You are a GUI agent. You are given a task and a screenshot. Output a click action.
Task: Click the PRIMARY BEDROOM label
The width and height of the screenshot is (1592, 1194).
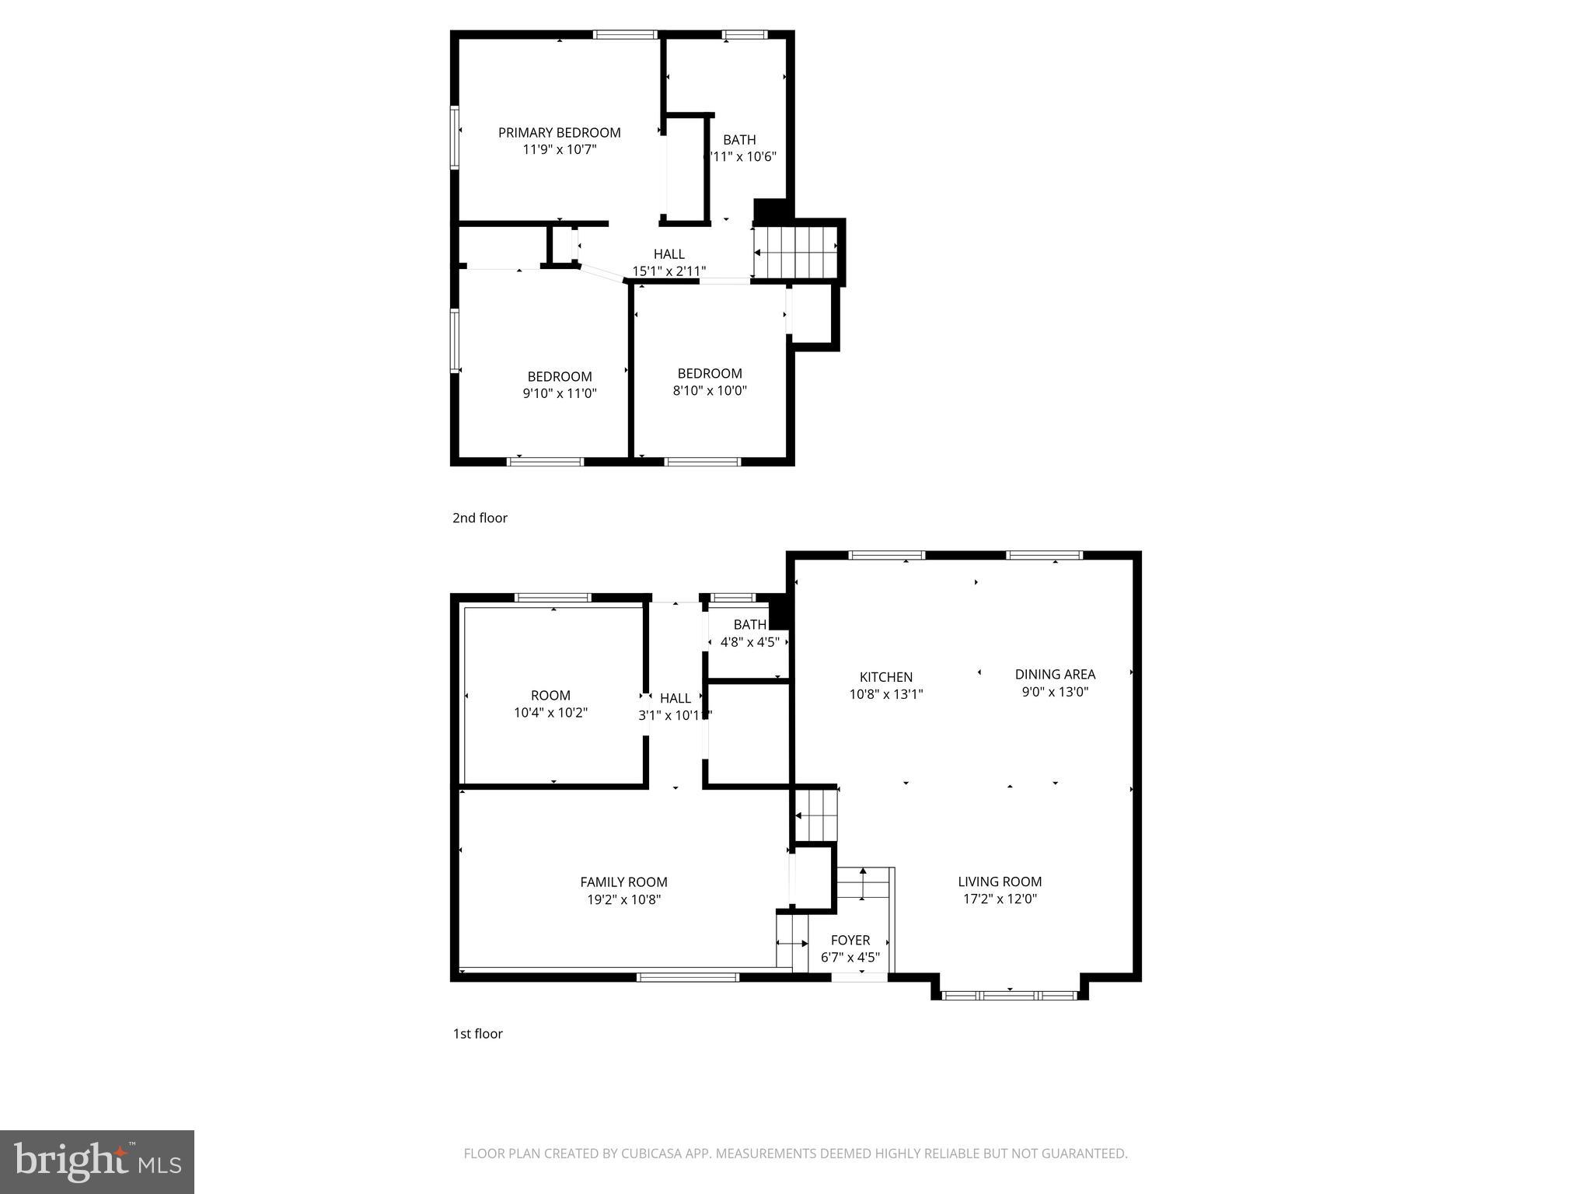[559, 133]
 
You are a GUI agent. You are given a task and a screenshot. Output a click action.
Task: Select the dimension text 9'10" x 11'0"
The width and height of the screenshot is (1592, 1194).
[559, 393]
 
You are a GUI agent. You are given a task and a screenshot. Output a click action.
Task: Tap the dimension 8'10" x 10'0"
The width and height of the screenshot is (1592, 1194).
[709, 390]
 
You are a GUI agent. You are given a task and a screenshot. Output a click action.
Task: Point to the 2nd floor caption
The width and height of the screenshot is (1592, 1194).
[480, 518]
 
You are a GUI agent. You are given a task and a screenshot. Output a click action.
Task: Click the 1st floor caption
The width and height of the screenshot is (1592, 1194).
[477, 1033]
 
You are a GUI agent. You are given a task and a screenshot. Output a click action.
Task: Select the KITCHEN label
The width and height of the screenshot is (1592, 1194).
[885, 677]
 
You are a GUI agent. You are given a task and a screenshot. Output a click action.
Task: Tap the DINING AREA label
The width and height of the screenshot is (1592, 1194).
[1054, 674]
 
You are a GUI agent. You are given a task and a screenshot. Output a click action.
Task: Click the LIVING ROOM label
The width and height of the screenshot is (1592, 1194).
[999, 882]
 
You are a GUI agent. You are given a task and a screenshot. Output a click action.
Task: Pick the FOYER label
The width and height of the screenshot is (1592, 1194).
[850, 940]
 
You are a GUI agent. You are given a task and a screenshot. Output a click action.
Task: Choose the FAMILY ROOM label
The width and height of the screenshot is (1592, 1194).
[623, 882]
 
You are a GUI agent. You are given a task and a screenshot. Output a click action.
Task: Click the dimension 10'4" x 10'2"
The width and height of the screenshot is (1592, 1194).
[550, 712]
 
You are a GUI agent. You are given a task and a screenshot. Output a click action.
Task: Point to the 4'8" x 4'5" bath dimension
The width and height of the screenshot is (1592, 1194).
[749, 642]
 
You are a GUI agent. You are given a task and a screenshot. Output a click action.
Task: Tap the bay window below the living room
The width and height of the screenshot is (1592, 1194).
[1008, 995]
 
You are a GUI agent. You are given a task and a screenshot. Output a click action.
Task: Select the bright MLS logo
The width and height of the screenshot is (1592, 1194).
[97, 1161]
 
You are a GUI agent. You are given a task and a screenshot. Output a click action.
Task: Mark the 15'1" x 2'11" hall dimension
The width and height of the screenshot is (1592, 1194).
[669, 271]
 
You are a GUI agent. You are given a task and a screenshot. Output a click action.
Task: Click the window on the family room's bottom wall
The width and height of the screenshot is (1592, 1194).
[687, 977]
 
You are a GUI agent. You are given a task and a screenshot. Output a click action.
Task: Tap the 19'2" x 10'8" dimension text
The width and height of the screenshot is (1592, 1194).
[623, 899]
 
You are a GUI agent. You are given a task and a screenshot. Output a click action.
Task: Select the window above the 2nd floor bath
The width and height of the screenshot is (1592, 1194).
[745, 34]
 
